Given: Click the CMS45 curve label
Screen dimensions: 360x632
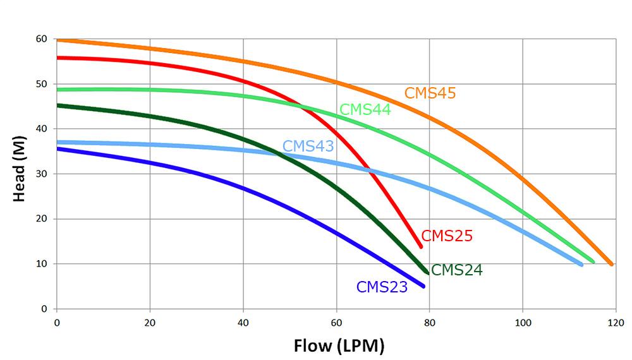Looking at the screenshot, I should point(430,93).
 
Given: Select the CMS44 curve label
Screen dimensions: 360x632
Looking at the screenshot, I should point(365,109).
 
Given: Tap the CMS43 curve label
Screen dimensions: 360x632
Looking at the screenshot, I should point(308,146).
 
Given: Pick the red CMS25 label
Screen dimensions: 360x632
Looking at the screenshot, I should point(447,236).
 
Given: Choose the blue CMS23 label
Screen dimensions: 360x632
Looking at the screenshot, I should point(382,287).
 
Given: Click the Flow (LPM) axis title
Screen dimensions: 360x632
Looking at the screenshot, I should point(339,345).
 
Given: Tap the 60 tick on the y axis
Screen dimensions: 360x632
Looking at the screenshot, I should point(42,39).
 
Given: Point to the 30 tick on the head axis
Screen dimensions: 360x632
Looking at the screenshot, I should point(42,174).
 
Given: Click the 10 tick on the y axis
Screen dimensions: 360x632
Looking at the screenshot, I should point(42,264).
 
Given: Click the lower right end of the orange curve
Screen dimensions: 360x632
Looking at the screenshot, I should point(611,264).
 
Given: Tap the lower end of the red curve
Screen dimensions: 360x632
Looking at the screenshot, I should point(420,246).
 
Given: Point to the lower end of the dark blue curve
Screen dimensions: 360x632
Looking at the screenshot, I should point(423,286).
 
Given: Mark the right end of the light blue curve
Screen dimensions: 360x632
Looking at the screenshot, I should point(581,264).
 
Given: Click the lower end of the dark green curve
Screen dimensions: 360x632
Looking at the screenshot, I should point(428,273).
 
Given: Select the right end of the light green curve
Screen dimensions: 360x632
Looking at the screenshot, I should point(593,261).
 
